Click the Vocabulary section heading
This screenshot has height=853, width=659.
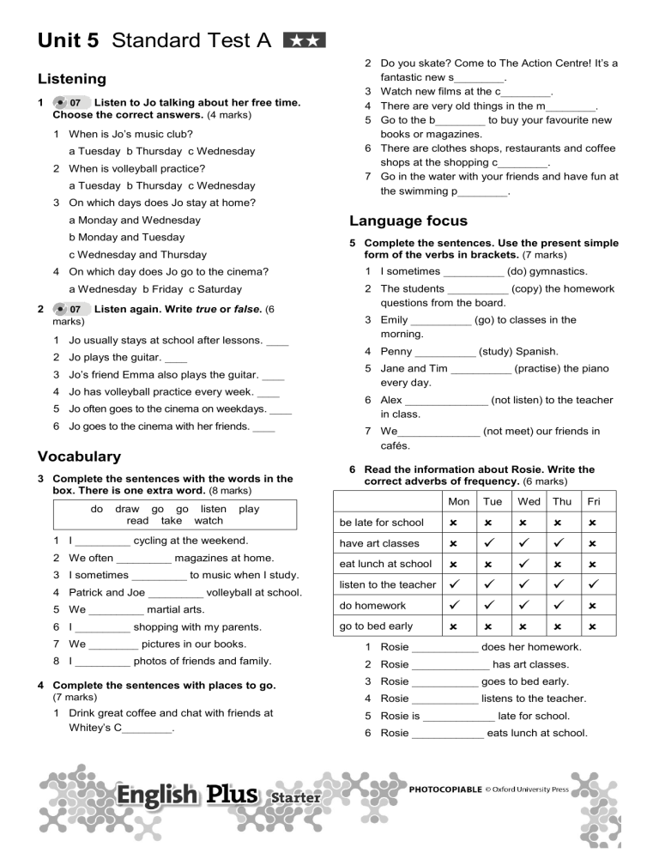click(x=78, y=457)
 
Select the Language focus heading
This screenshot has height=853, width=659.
click(x=408, y=221)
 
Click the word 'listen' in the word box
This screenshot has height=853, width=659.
click(x=213, y=509)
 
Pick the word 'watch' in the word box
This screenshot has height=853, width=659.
click(x=209, y=521)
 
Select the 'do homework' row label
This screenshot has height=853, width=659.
click(x=373, y=606)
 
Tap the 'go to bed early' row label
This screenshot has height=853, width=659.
click(x=376, y=626)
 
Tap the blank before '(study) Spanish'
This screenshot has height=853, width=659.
click(x=444, y=352)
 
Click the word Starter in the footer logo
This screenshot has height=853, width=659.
click(x=295, y=798)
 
